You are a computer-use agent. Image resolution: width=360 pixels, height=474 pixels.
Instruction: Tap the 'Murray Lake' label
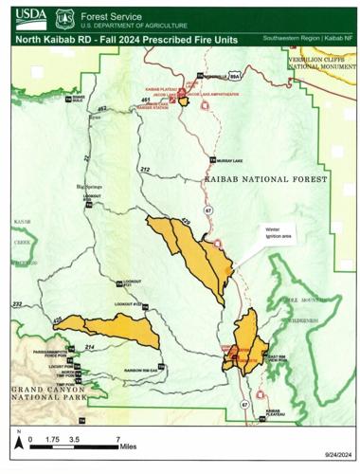tap(233, 160)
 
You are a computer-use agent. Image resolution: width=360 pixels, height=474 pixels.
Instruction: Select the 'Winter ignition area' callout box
tap(267, 231)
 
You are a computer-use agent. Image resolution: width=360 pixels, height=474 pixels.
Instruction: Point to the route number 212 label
tap(144, 169)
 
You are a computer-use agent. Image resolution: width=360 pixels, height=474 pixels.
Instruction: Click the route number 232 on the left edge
tap(16, 303)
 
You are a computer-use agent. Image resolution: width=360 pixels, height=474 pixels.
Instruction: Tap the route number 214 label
tap(90, 349)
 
